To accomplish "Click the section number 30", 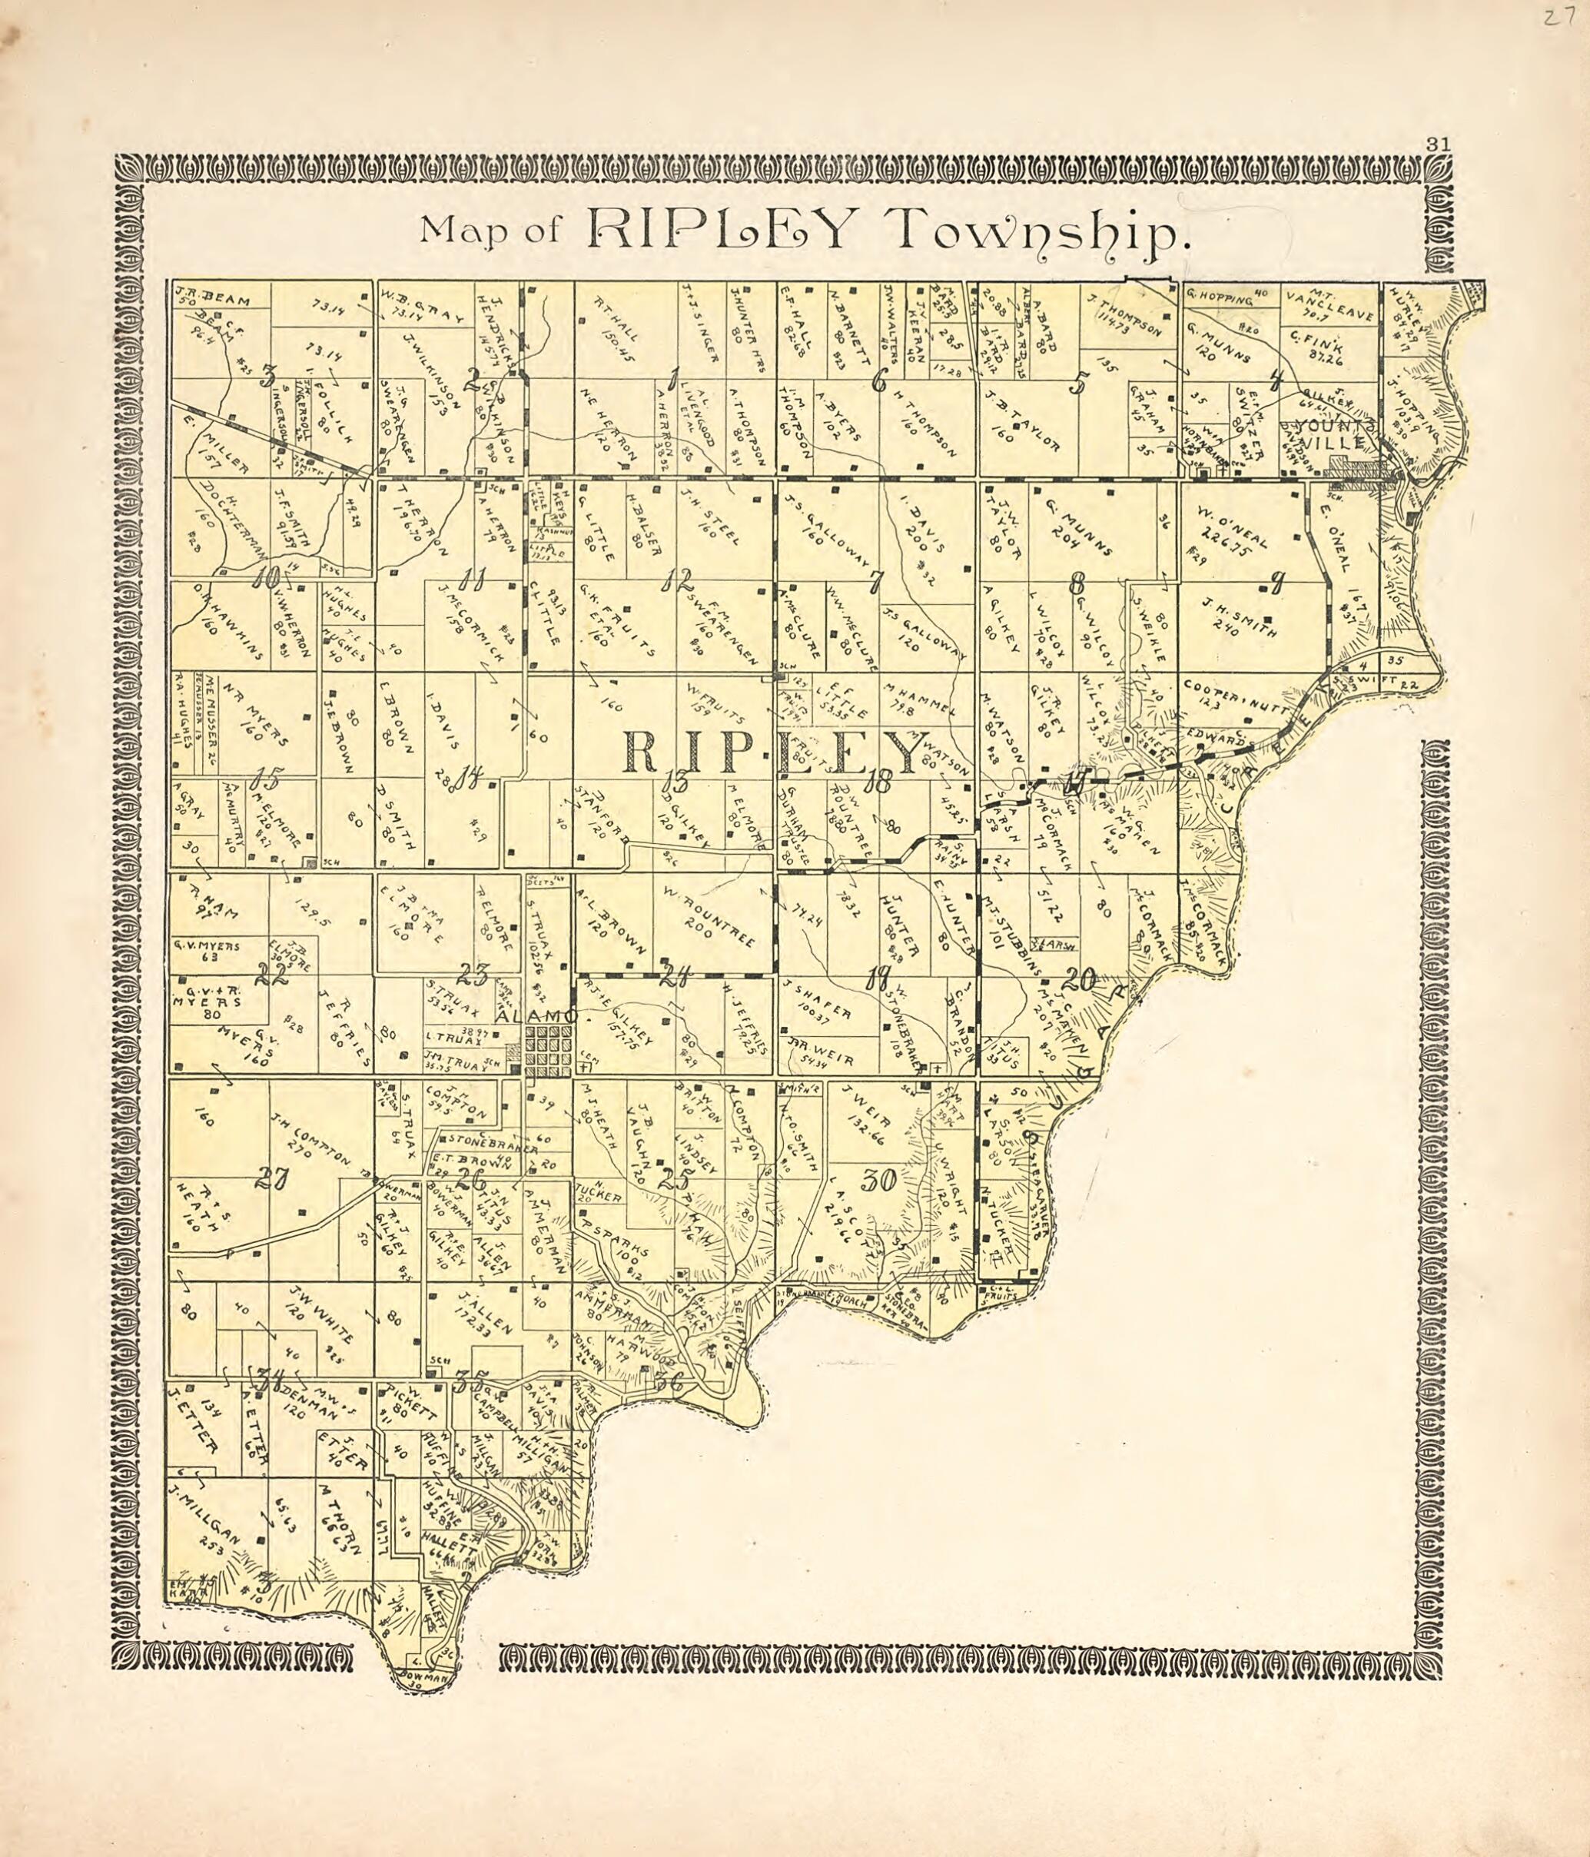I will (x=878, y=1181).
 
